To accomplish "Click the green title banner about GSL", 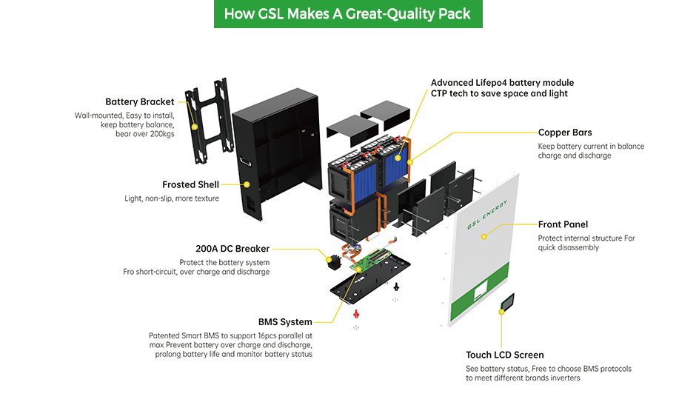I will tap(347, 14).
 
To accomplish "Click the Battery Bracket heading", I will tap(140, 101).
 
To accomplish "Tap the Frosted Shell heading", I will tap(190, 184).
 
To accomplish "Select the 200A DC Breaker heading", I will tap(232, 249).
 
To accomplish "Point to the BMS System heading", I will tap(285, 322).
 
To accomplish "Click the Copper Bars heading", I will tap(565, 133).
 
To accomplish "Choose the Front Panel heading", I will tap(563, 224).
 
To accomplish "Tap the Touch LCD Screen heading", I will tap(505, 355).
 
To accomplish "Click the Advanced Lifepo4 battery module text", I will tap(502, 83).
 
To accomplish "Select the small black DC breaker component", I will tap(335, 261).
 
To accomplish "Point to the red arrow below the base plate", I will tap(356, 312).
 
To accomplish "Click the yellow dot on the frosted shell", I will tap(247, 184).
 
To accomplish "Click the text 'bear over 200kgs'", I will tap(144, 134).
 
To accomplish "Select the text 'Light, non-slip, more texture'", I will tap(172, 198).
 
